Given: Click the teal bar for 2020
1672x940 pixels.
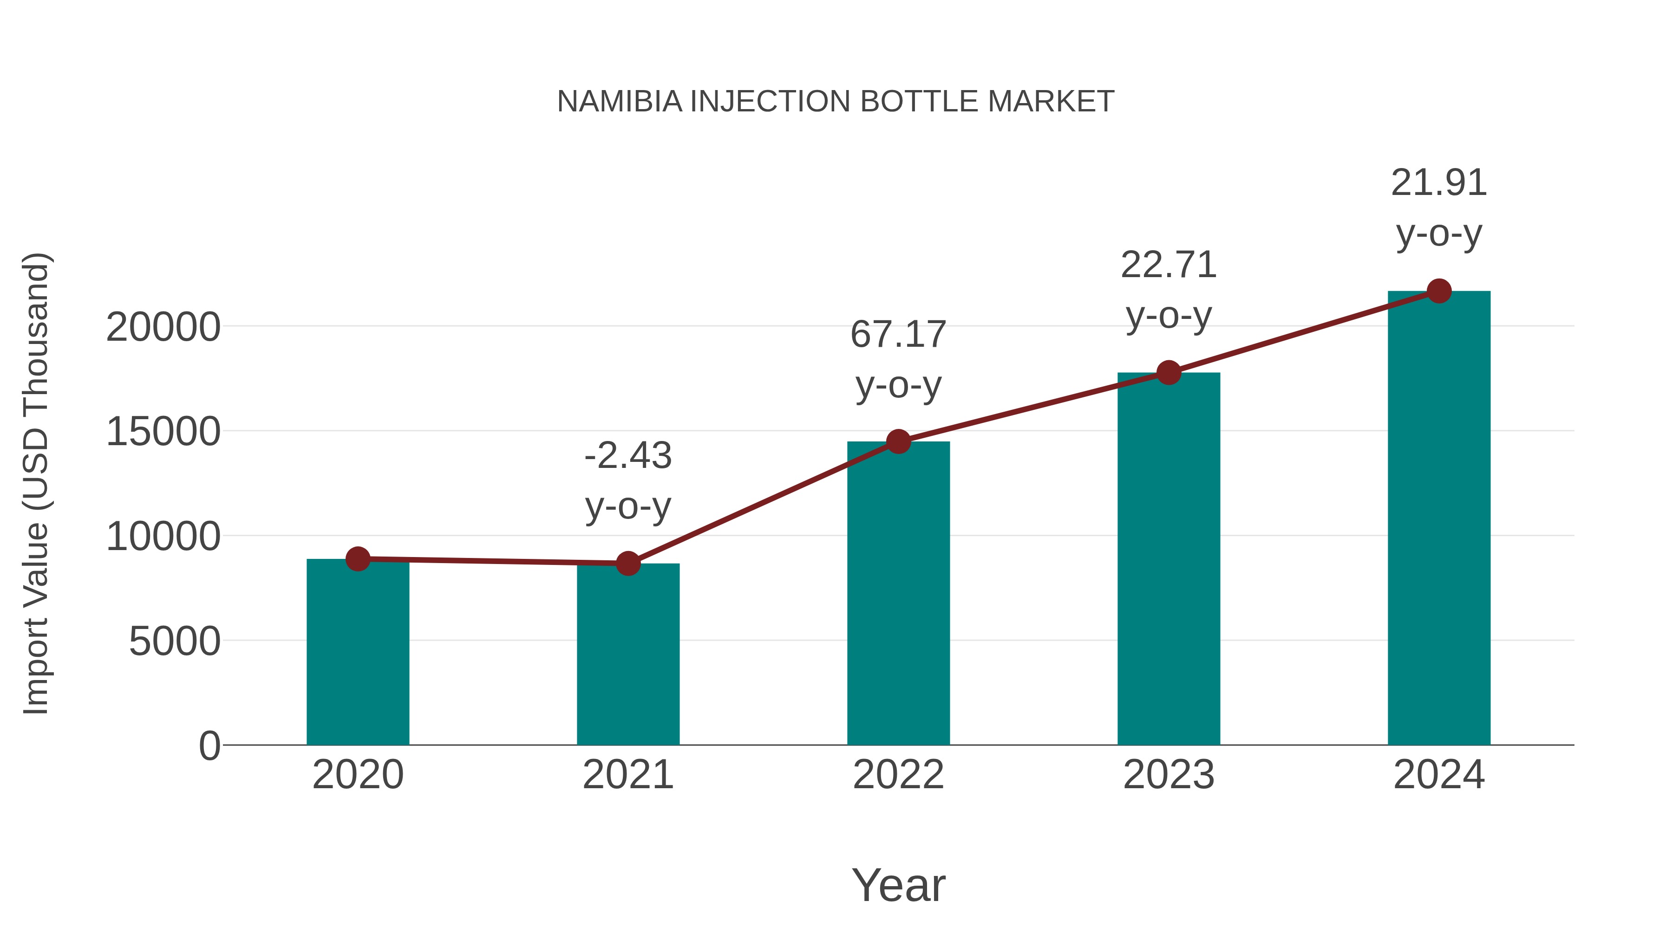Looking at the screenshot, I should click(358, 652).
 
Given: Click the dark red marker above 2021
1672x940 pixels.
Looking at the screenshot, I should click(627, 563).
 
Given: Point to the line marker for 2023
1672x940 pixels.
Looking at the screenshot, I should click(1169, 372).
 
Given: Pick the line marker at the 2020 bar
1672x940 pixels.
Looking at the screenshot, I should click(358, 558).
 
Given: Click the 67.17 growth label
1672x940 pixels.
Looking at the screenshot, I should click(898, 335).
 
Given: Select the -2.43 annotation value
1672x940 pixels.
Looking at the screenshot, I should click(627, 455).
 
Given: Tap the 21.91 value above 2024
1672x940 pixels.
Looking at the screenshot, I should click(1439, 183).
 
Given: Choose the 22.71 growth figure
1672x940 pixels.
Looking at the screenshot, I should click(1169, 266).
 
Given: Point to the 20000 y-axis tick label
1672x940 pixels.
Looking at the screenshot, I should click(163, 328).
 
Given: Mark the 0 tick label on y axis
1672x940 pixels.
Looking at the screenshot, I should click(209, 746).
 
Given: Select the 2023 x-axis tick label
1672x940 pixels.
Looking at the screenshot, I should click(1169, 775).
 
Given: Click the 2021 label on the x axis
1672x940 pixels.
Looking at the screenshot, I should click(627, 775).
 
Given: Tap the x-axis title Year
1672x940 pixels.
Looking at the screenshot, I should click(898, 886).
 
